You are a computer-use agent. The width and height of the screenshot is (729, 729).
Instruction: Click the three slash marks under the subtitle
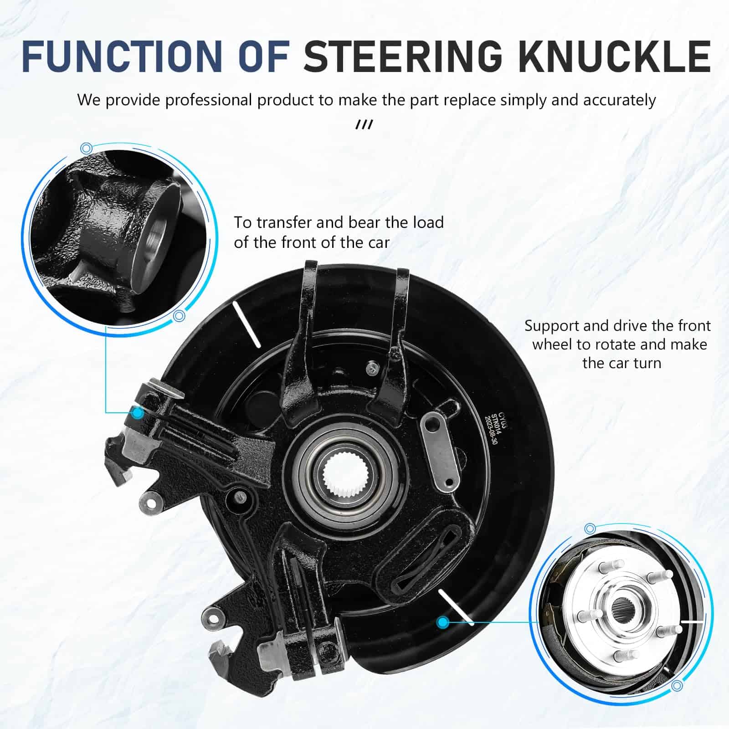click(364, 124)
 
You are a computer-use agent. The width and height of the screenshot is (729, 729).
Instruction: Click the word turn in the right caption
click(645, 363)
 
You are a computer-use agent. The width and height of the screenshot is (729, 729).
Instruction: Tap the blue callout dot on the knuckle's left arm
click(137, 413)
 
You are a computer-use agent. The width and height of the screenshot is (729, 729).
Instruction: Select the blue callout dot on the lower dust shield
click(442, 621)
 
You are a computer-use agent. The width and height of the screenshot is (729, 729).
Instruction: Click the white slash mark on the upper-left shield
click(246, 324)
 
